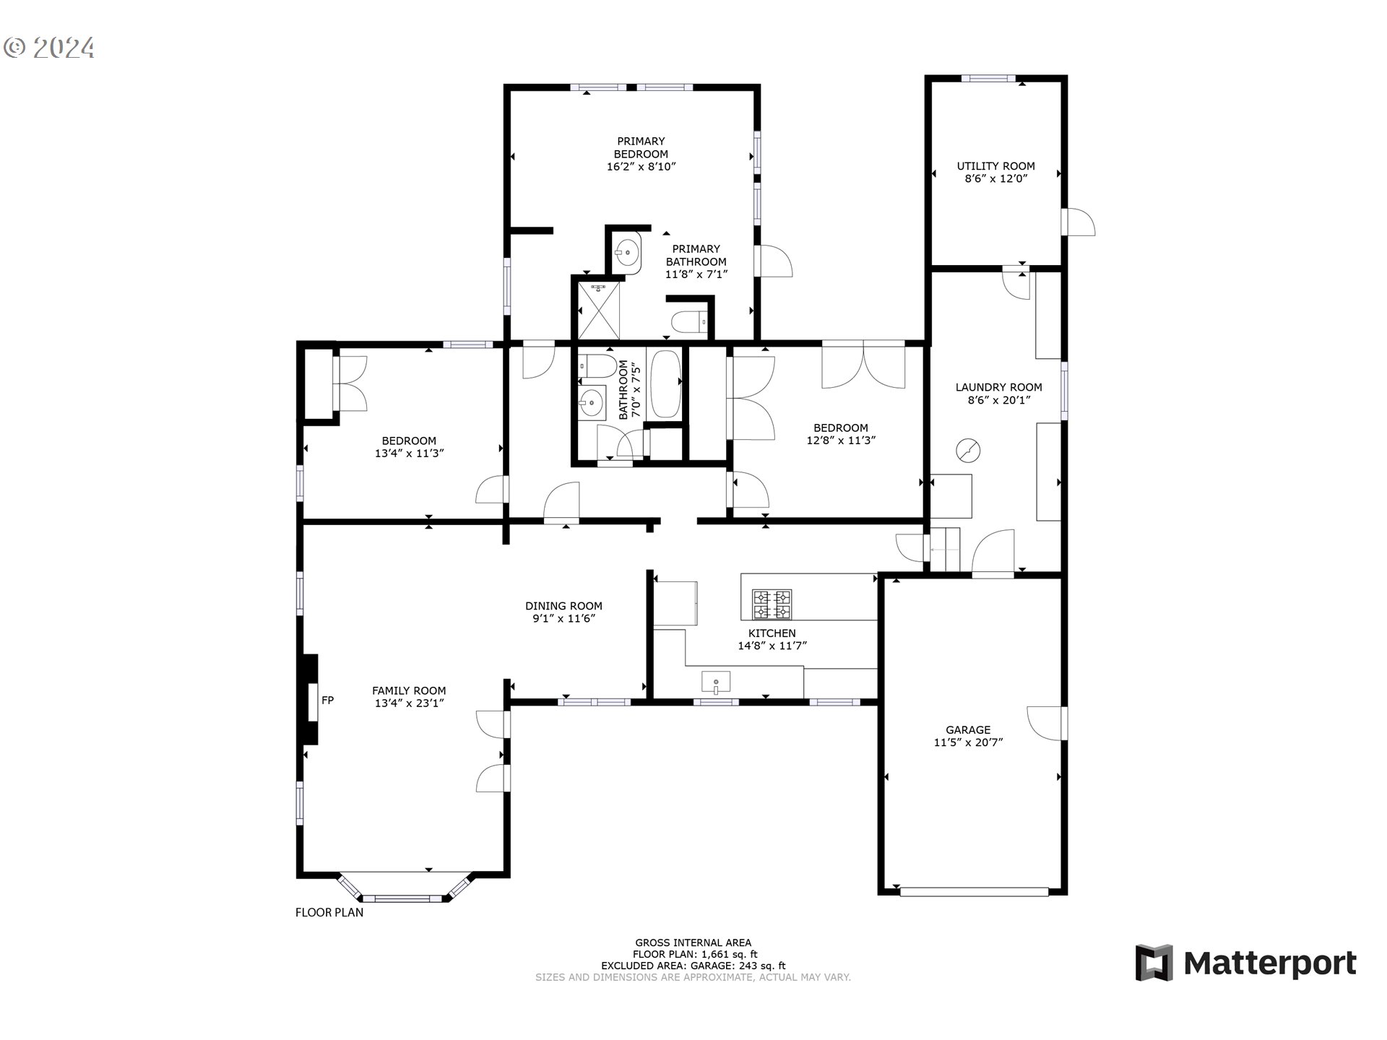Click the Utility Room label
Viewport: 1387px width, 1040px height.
coord(995,166)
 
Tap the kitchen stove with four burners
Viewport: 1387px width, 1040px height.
coord(772,604)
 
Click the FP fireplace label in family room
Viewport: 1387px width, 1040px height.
coord(327,700)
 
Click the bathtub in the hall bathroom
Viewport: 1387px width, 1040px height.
coord(665,383)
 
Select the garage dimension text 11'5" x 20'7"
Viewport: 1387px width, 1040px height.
coord(968,742)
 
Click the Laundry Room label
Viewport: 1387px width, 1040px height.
coord(998,387)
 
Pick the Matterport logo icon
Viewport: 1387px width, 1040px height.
coord(1154,963)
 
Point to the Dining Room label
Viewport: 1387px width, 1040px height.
coord(563,606)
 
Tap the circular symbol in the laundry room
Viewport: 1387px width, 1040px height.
coord(968,451)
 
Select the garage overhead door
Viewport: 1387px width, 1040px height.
coord(974,892)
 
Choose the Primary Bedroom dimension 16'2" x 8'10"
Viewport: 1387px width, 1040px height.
coord(641,167)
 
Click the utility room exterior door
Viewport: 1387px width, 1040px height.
coord(1079,222)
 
